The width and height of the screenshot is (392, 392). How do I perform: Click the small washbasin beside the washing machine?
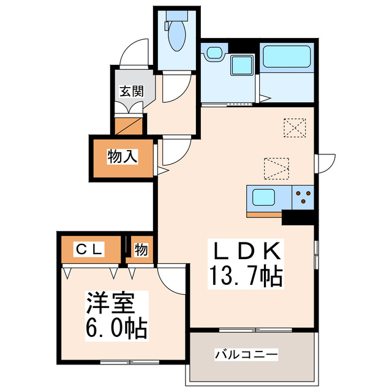pos(214,53)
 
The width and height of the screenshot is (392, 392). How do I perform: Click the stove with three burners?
pos(303,197)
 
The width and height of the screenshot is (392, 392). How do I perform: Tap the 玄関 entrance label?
pos(132,91)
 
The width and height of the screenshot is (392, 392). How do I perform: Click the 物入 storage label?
pos(123,157)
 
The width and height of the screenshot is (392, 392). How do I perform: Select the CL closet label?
pos(90,249)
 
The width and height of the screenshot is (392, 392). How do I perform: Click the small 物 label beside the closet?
pos(141,250)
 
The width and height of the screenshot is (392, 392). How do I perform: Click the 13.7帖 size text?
pos(246,277)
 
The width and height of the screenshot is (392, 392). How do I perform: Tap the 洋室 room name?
pos(110,303)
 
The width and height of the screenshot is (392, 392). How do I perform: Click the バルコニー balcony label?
pos(246,354)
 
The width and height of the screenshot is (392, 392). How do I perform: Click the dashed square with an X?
pos(295,127)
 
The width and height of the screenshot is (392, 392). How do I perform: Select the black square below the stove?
pos(298,217)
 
